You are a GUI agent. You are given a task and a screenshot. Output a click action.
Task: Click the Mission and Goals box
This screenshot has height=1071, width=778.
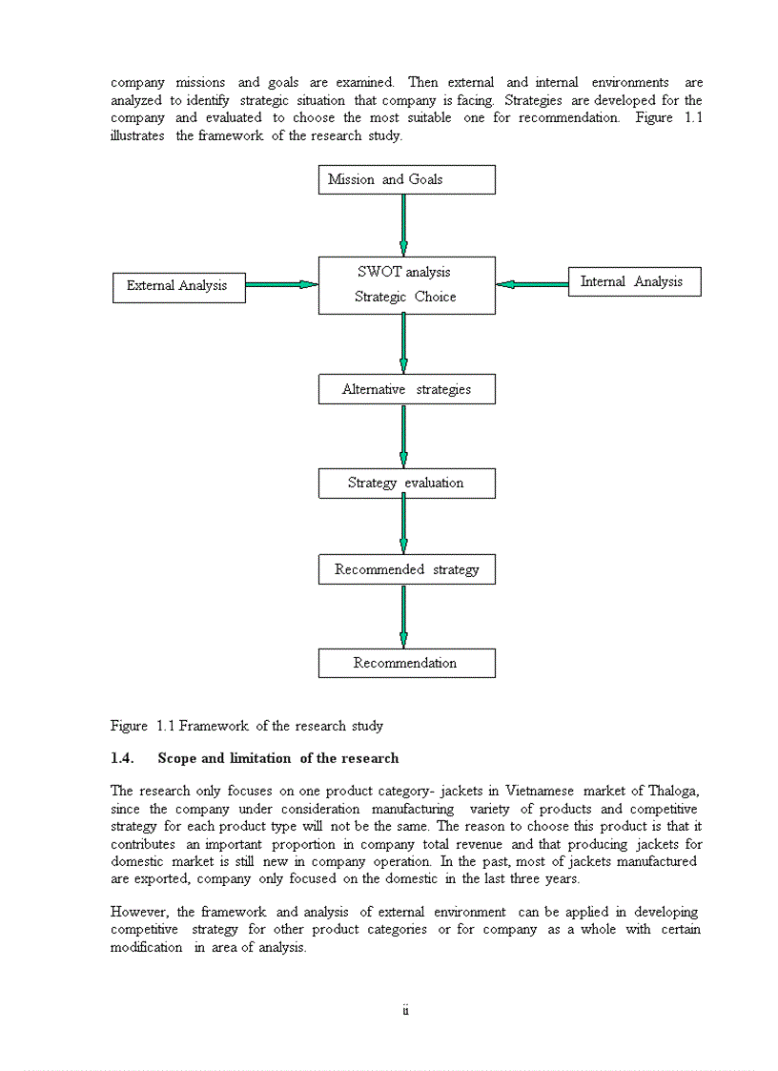point(406,179)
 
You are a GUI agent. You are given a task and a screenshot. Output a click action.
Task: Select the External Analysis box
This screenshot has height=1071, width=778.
point(178,286)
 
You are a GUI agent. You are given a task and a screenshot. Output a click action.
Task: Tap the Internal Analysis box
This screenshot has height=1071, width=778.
point(634,282)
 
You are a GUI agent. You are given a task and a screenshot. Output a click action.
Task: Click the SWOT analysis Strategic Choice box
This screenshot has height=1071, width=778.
point(406,285)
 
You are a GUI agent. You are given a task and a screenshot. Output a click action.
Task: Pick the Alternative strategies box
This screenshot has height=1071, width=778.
point(406,389)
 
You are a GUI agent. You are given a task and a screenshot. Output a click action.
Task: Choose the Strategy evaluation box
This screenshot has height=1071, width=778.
point(406,483)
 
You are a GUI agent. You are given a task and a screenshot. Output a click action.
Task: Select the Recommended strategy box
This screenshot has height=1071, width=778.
point(406,569)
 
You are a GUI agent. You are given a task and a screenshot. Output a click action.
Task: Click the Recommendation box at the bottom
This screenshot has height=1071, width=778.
point(406,663)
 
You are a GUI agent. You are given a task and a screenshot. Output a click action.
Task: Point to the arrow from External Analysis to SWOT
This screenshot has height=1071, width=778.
point(281,284)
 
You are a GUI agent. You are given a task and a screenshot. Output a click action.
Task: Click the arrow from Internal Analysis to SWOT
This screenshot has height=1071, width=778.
point(532,284)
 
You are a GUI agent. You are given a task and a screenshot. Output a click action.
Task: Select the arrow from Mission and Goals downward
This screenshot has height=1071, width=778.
point(404,225)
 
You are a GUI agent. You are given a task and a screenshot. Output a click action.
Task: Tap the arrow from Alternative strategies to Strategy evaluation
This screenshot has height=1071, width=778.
point(404,436)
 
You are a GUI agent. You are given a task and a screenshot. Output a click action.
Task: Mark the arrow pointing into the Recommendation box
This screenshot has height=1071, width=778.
point(404,616)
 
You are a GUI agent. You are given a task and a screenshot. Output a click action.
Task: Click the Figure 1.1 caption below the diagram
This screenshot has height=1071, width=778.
point(247,726)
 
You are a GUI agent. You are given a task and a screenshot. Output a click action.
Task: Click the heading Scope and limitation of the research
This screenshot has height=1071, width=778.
point(278,758)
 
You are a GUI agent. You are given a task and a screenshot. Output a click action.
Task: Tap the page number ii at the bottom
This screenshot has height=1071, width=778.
point(405,1010)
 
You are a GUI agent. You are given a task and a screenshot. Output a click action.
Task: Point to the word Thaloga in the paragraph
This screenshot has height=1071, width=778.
point(674,791)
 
